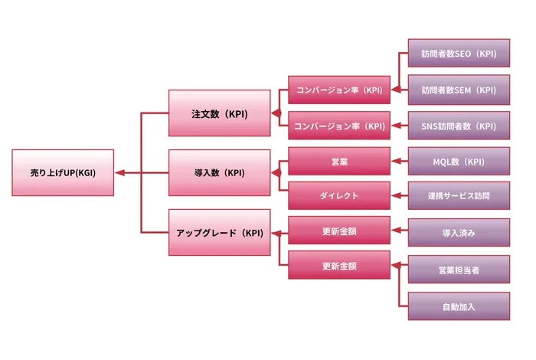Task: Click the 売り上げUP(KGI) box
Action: [x=63, y=172]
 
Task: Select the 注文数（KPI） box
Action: [x=220, y=113]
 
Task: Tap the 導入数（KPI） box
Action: [x=220, y=172]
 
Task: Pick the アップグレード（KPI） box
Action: [x=220, y=233]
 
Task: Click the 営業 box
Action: [x=339, y=162]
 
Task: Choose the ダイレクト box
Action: [x=339, y=195]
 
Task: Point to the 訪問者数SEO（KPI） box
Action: [x=459, y=53]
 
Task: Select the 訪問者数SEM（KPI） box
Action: [x=459, y=90]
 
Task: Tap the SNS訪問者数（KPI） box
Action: [x=459, y=126]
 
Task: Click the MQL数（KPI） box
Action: [x=459, y=162]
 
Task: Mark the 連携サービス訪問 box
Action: [x=459, y=195]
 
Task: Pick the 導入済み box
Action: [x=459, y=233]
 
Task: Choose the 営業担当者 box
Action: [x=459, y=270]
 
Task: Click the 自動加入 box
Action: [x=459, y=306]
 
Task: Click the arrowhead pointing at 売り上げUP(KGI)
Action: [x=119, y=172]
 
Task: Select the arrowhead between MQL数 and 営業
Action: [x=396, y=161]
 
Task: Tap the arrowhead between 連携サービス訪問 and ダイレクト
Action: [x=396, y=195]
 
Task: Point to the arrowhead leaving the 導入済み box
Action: [x=396, y=230]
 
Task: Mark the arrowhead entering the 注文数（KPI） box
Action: [x=276, y=113]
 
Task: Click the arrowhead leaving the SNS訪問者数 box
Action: [x=396, y=126]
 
